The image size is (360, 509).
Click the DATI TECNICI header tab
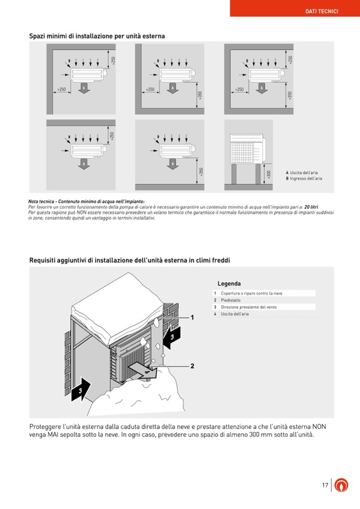322,11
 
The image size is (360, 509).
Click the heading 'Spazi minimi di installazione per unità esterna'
97,36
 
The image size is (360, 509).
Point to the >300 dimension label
269,174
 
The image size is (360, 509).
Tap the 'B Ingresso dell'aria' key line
305,178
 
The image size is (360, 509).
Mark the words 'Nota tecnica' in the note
41,202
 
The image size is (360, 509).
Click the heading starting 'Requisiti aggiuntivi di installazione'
130,260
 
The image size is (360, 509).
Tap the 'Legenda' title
229,283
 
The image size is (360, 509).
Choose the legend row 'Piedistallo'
231,300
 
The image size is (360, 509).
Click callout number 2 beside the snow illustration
192,366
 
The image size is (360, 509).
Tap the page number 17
325,485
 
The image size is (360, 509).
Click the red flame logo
342,485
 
